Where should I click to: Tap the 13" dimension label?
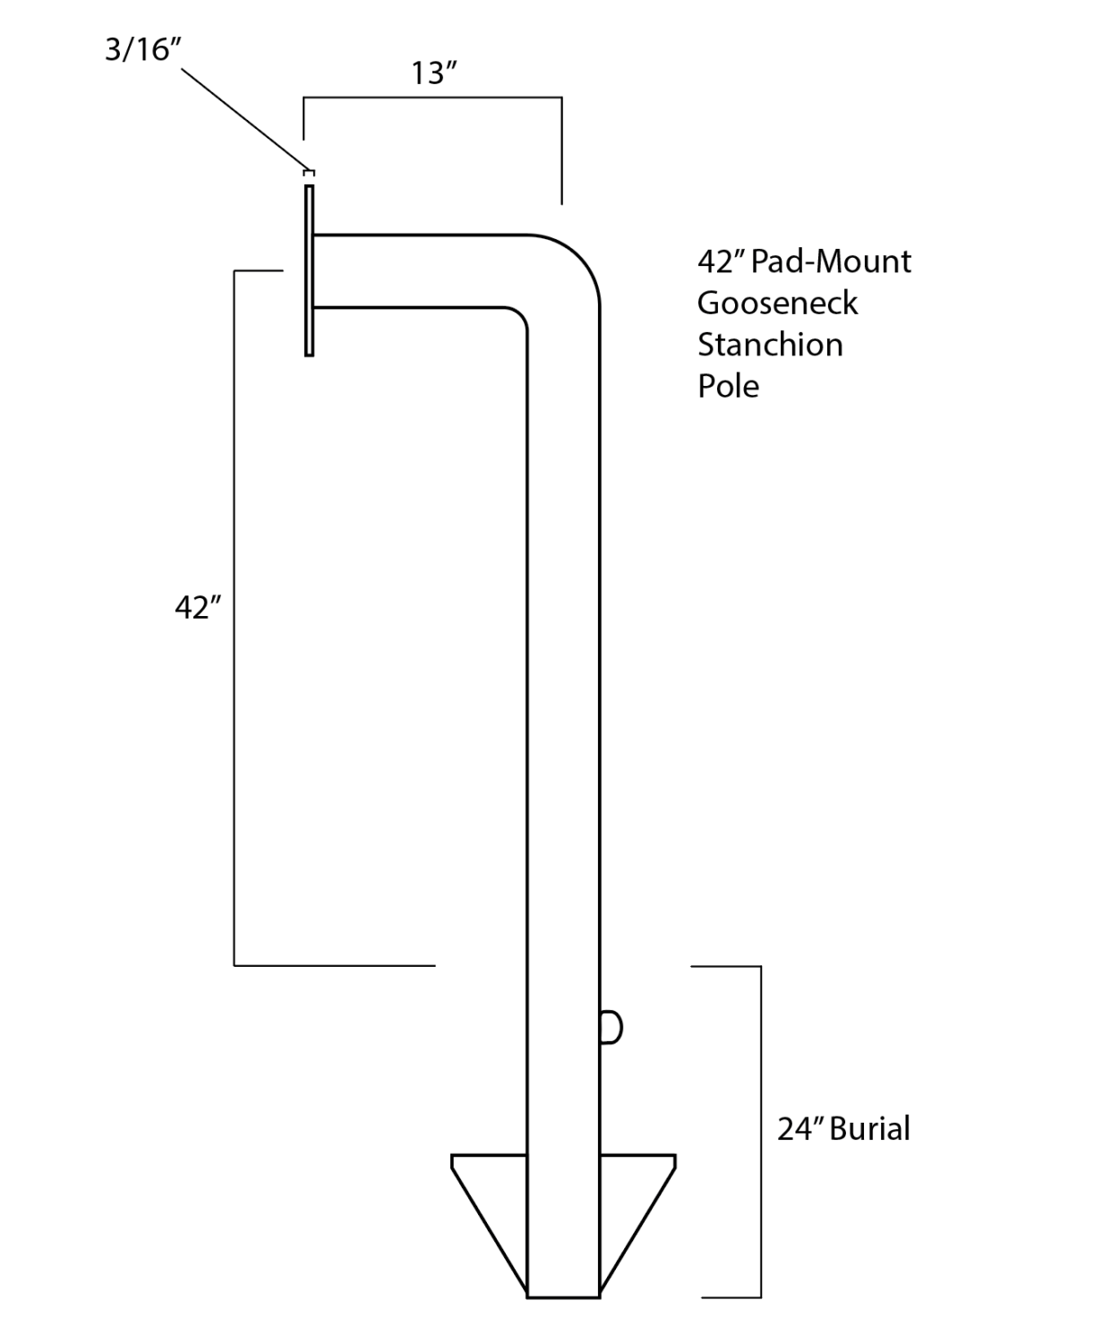coord(434,73)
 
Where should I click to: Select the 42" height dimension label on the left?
coord(198,607)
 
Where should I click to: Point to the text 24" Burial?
coord(843,1128)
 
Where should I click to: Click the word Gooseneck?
coord(777,303)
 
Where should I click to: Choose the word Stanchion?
coord(770,345)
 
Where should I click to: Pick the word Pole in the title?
coord(728,386)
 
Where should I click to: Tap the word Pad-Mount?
coord(831,261)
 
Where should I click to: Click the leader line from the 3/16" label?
coord(242,116)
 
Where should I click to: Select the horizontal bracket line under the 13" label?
coord(432,97)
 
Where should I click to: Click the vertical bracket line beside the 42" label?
coord(235,618)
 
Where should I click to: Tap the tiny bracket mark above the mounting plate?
coord(310,171)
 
